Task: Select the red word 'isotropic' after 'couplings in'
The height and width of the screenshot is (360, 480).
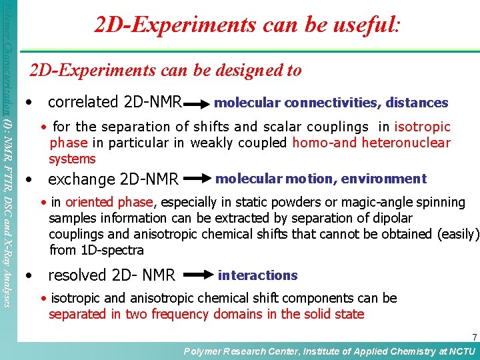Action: click(422, 127)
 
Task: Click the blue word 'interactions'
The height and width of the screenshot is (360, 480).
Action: click(257, 275)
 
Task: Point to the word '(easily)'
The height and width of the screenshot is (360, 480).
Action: click(458, 234)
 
